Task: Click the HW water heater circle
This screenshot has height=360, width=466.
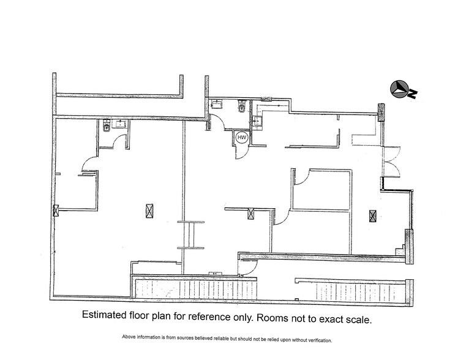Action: tap(241, 138)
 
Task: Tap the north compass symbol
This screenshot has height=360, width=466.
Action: tap(399, 89)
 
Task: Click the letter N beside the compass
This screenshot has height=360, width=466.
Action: tap(414, 94)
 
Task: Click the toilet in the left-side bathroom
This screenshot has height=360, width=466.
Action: tap(107, 128)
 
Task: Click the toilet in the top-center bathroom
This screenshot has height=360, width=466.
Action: tap(241, 108)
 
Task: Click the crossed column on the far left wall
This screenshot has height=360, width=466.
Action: tap(56, 211)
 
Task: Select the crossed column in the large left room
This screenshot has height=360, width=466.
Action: tap(148, 210)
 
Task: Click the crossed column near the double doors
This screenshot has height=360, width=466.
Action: tap(372, 215)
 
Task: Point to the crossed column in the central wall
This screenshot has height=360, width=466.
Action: tap(250, 213)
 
